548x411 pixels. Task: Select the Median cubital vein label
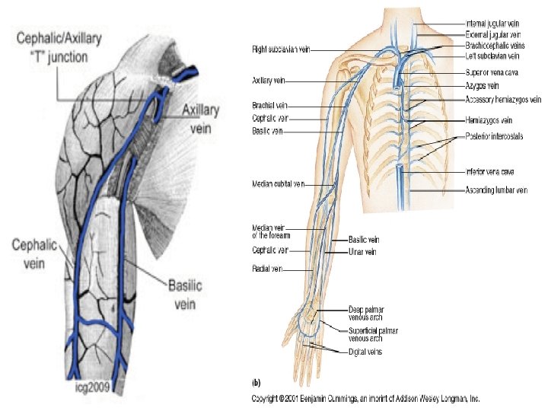279,184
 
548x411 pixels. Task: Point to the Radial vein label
266,268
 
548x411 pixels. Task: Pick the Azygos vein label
482,86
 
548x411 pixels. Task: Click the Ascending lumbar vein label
495,190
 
